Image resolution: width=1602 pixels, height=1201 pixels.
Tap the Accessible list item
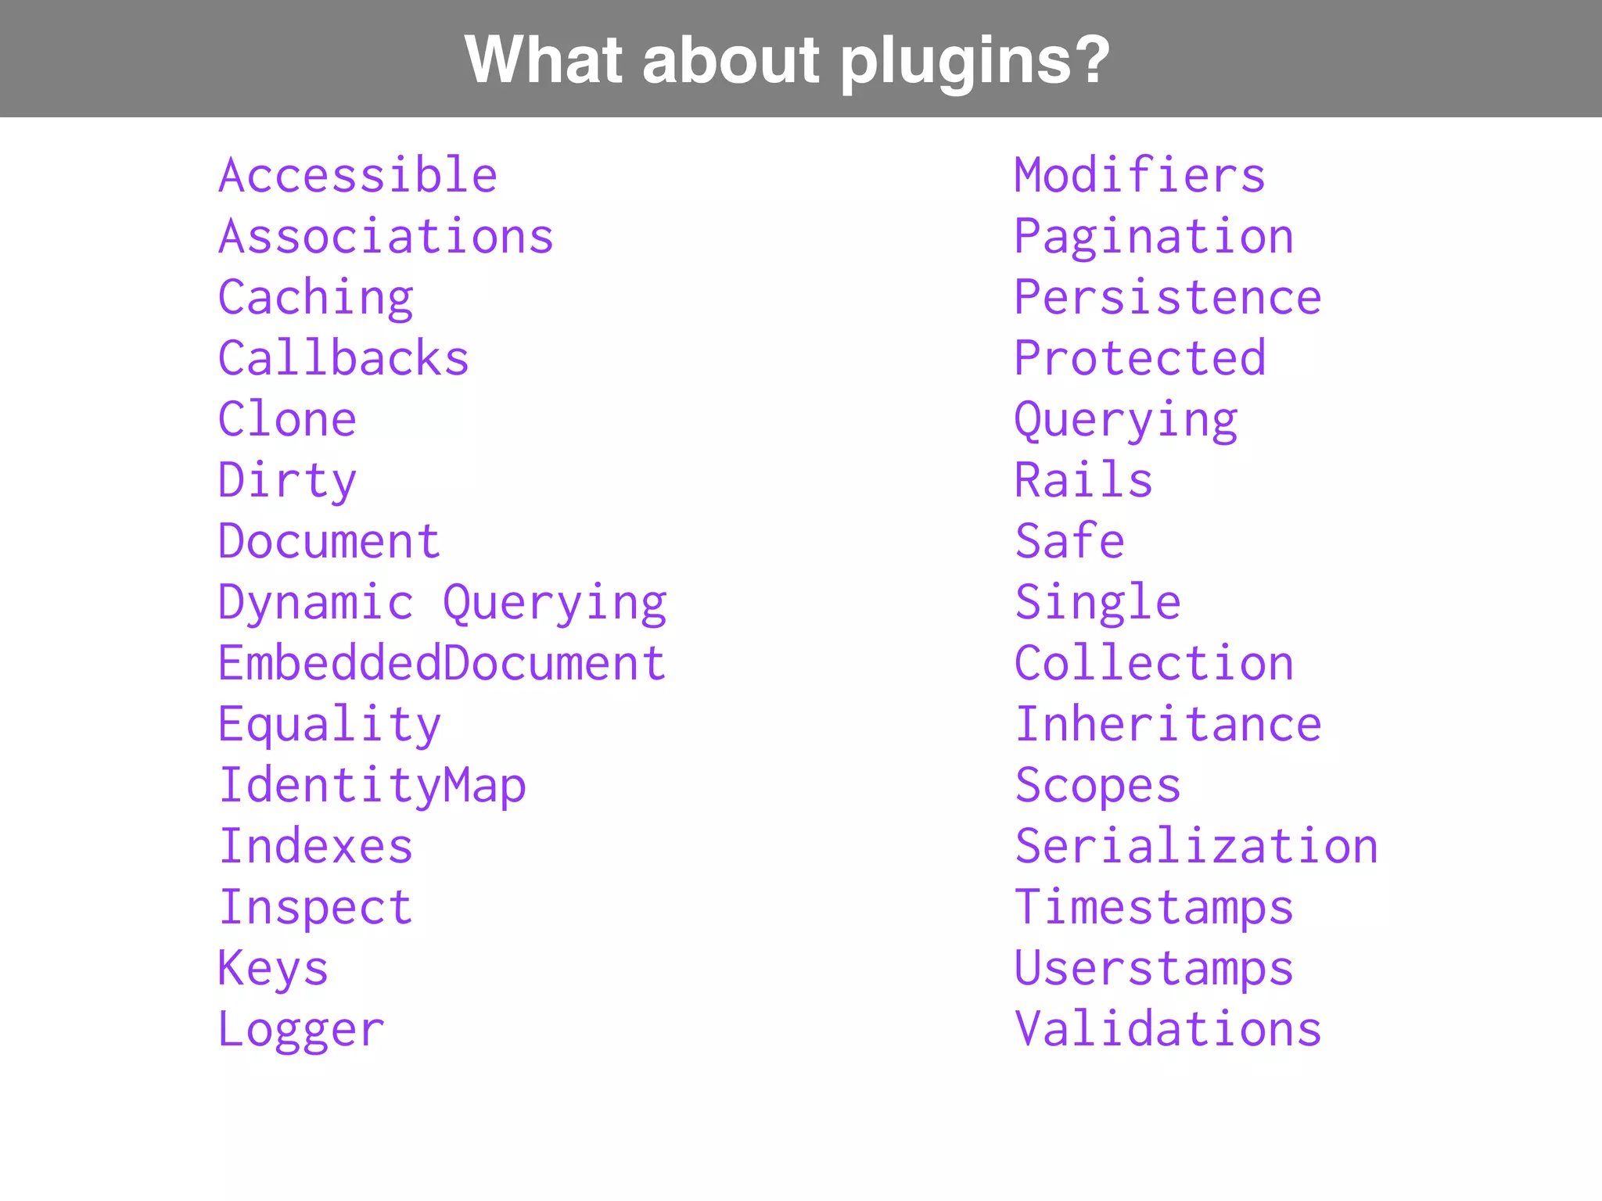tap(357, 175)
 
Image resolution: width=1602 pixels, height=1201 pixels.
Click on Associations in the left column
tap(386, 236)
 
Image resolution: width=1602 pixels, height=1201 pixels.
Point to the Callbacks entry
tap(343, 358)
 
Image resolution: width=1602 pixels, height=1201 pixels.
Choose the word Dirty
tap(287, 480)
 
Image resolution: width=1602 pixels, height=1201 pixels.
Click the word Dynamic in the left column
tap(315, 603)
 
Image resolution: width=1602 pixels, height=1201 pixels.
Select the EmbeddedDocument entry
tap(442, 663)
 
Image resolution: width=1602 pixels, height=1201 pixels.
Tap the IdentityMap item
tap(372, 785)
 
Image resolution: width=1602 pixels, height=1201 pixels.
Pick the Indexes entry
tap(315, 846)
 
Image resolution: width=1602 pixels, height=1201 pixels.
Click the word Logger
tap(301, 1030)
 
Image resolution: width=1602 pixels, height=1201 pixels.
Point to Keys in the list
tap(273, 969)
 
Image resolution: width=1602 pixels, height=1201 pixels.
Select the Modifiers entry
tap(1140, 175)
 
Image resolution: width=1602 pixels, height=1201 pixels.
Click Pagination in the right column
tap(1154, 236)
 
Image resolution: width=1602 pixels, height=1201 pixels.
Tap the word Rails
tap(1083, 480)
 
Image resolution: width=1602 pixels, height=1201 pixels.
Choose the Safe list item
tap(1069, 541)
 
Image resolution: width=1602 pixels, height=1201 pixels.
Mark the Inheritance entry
tap(1168, 724)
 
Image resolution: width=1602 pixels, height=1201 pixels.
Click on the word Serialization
tap(1196, 846)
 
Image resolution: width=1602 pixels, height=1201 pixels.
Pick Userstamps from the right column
tap(1154, 969)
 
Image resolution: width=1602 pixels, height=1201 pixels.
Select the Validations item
tap(1168, 1029)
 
